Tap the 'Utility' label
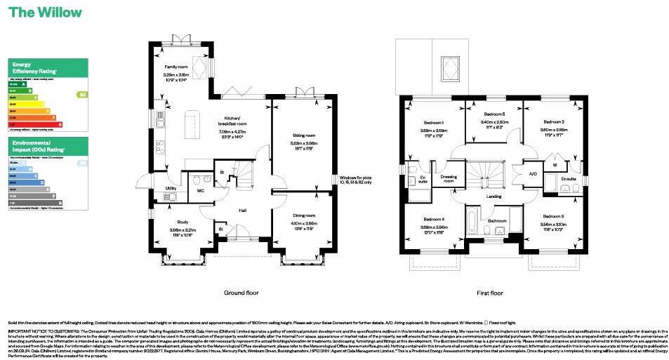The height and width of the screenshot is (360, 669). pos(171,189)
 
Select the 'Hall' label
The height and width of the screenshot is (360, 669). pos(241,211)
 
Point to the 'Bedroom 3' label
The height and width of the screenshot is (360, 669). pos(553,215)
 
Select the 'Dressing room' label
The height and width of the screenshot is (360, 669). pos(449,178)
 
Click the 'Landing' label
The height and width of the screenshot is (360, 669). pos(494,196)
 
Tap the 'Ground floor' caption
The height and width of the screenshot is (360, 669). pos(241,292)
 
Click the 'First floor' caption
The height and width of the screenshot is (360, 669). pos(489,292)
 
